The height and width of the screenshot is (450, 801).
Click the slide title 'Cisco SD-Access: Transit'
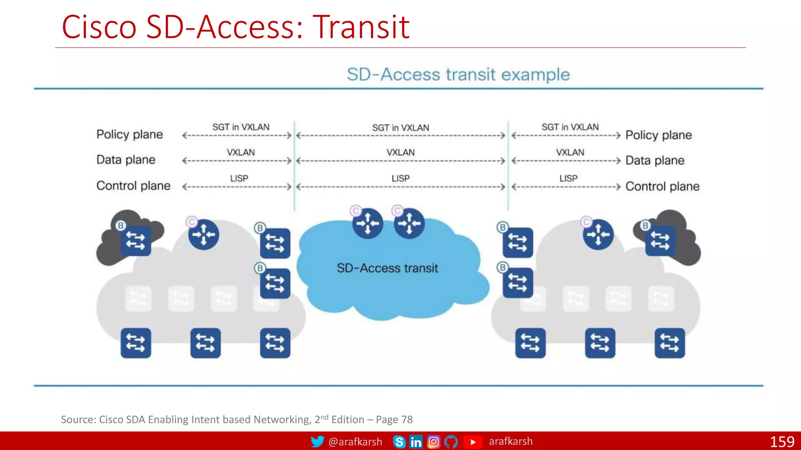pos(235,27)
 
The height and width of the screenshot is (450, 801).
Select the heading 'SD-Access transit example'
pos(458,74)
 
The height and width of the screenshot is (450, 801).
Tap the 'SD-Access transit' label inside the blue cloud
pos(387,268)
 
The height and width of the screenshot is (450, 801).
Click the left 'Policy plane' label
pos(129,134)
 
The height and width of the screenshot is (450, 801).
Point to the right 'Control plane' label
pos(662,186)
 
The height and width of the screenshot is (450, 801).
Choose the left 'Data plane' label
pos(126,160)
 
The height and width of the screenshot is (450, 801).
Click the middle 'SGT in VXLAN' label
pos(400,128)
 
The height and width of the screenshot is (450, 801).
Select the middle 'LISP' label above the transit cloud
pos(400,179)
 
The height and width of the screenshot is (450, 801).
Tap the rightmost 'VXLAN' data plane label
pos(570,152)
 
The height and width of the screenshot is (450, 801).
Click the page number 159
pos(782,442)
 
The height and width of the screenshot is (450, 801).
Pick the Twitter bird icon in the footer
pos(317,442)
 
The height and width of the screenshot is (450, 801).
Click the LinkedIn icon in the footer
pos(416,442)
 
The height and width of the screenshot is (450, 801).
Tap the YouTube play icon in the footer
pos(473,442)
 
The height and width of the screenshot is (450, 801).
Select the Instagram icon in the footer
pos(433,442)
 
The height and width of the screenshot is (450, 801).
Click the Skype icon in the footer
pos(399,442)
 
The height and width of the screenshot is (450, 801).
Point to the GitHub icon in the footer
pos(451,442)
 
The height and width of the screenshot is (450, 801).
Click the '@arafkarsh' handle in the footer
pos(355,442)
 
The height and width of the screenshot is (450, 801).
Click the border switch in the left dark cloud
pos(136,241)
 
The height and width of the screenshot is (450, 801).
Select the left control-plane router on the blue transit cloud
pos(367,223)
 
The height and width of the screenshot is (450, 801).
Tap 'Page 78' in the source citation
pos(394,420)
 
